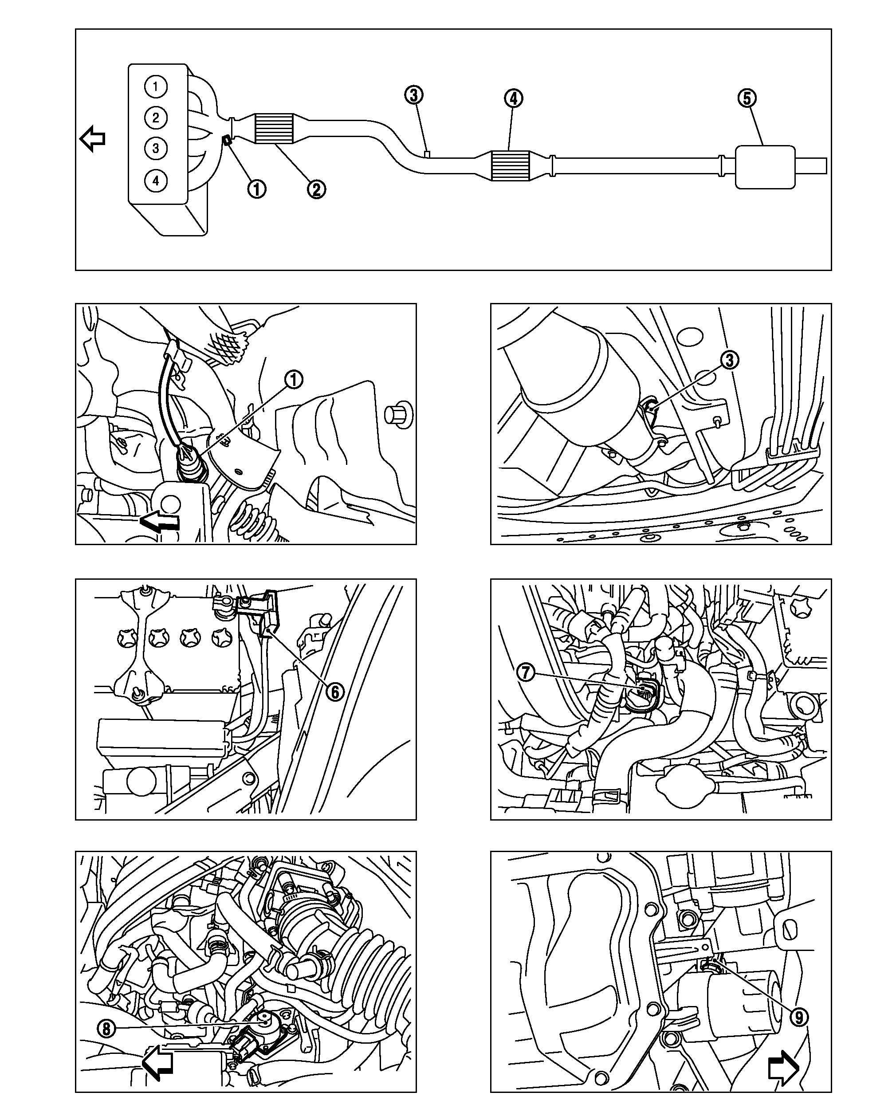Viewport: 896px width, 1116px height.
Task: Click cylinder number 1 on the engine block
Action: pyautogui.click(x=155, y=86)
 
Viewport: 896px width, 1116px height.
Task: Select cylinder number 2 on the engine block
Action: pyautogui.click(x=155, y=118)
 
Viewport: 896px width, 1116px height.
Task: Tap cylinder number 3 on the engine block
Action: pyautogui.click(x=155, y=149)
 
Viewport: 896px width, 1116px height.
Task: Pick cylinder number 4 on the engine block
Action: pyautogui.click(x=155, y=181)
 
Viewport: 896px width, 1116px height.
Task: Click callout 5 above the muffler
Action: pyautogui.click(x=747, y=98)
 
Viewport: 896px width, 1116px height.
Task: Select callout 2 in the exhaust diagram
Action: pyautogui.click(x=316, y=189)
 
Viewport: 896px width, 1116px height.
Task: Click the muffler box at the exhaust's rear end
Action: pyautogui.click(x=765, y=167)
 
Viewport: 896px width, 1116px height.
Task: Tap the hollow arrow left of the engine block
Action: pyautogui.click(x=93, y=139)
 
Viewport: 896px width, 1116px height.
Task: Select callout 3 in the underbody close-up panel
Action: pyautogui.click(x=729, y=360)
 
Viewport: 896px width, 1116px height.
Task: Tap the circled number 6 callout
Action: pyautogui.click(x=335, y=692)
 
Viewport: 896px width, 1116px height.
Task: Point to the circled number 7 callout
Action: pyautogui.click(x=526, y=673)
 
